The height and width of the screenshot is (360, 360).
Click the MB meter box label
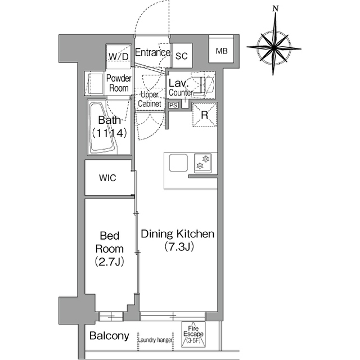click(x=222, y=51)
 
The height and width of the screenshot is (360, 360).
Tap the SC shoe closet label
click(x=182, y=56)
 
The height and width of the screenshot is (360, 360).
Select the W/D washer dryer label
click(x=119, y=56)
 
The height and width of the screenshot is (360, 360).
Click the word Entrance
click(x=152, y=52)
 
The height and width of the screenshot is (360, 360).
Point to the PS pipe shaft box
click(x=173, y=105)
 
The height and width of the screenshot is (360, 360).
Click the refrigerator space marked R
click(x=204, y=115)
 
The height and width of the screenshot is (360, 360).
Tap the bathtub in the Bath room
click(x=103, y=128)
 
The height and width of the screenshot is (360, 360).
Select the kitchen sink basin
click(x=178, y=163)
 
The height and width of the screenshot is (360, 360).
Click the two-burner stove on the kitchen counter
click(x=202, y=163)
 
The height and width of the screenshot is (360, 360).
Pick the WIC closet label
click(x=107, y=178)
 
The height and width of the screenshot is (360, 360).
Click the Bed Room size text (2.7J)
click(x=110, y=262)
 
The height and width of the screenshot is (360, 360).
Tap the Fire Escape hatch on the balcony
click(x=193, y=334)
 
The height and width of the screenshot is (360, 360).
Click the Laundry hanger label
click(x=155, y=340)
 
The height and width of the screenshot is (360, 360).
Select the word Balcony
click(x=109, y=336)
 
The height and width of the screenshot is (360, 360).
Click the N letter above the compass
click(x=276, y=9)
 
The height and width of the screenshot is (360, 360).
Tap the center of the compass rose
click(x=274, y=48)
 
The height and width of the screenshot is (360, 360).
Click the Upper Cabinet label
click(x=150, y=99)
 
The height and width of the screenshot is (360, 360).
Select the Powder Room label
click(x=119, y=83)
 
